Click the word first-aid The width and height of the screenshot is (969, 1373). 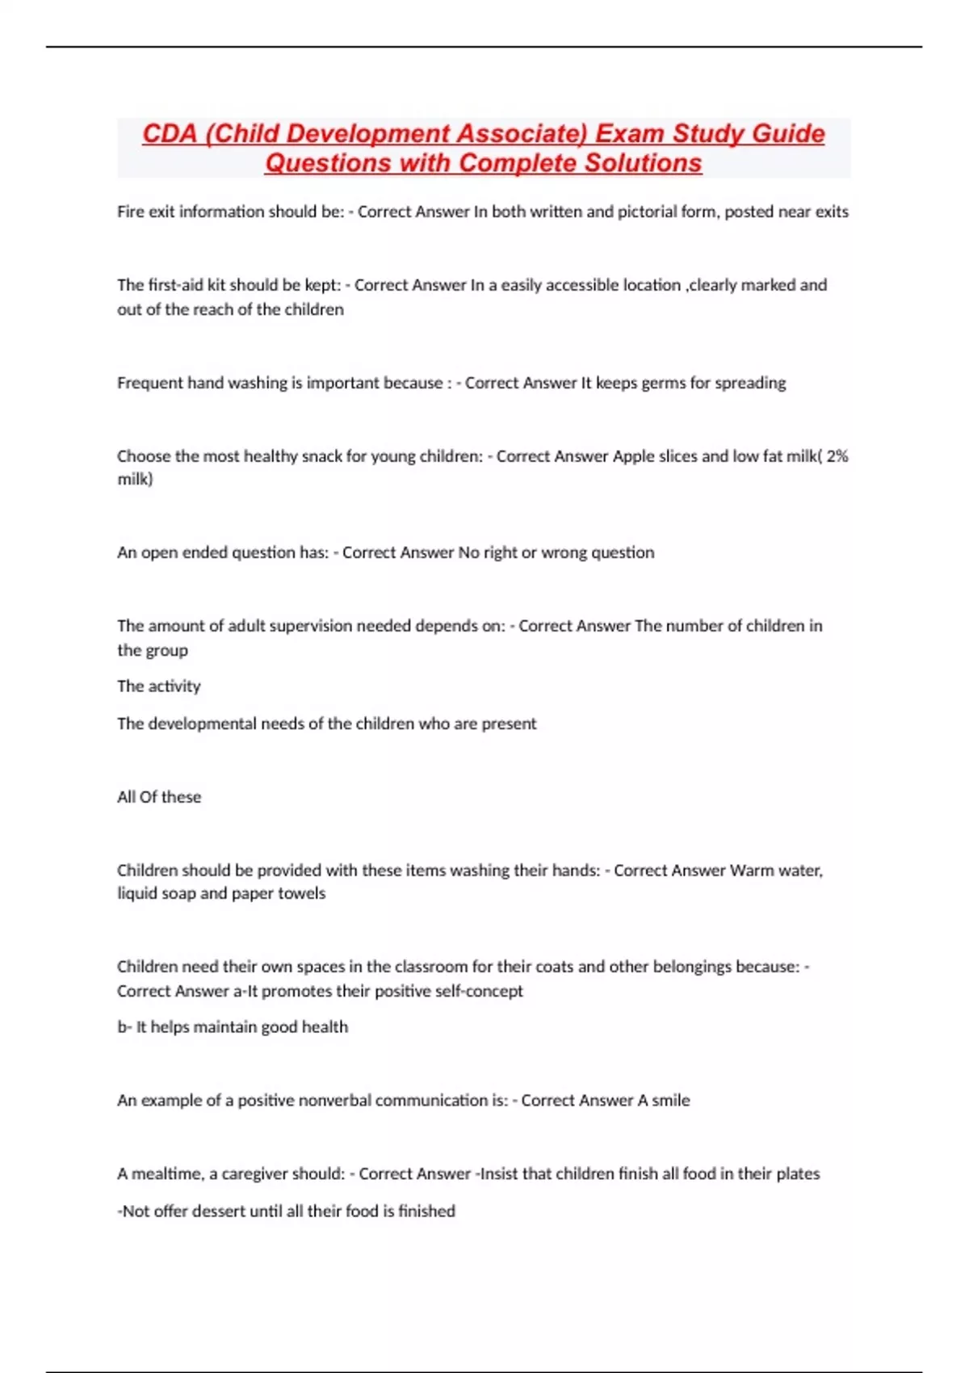coord(174,285)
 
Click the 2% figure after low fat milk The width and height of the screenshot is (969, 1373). coord(837,456)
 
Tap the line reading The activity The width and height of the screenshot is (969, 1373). coord(159,686)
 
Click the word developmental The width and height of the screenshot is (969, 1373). coord(202,724)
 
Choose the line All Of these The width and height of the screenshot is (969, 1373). coord(159,797)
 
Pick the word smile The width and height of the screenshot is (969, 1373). coord(671,1101)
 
